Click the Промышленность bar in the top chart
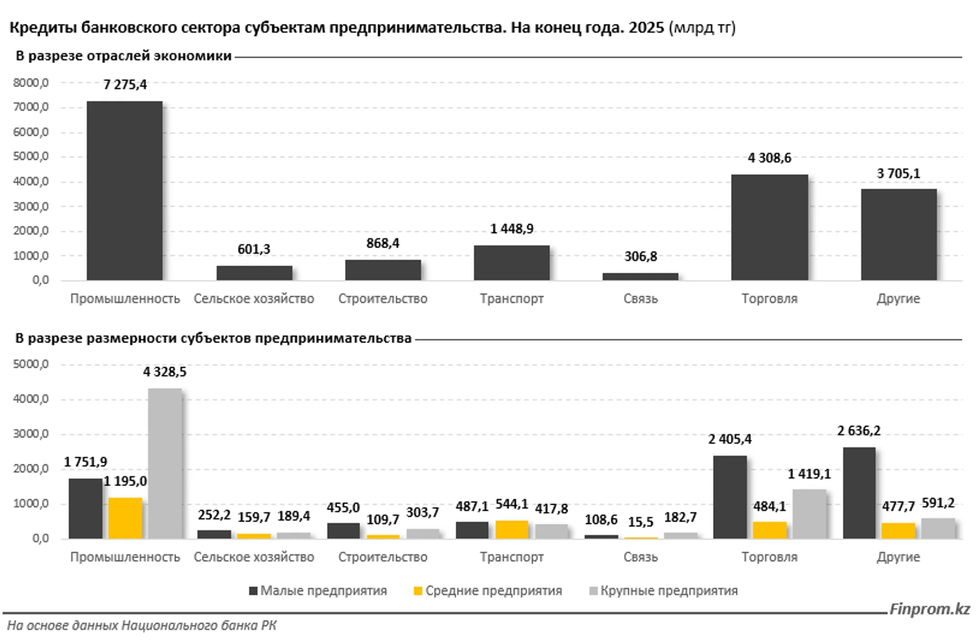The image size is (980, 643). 124,190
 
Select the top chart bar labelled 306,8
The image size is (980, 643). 640,276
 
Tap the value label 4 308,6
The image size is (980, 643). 769,158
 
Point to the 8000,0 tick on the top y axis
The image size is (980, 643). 31,83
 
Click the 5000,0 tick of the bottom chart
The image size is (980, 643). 31,364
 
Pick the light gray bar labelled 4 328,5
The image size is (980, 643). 165,463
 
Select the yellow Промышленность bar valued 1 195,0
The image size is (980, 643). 125,518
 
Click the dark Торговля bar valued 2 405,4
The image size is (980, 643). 730,497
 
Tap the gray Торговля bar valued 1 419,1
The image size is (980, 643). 809,514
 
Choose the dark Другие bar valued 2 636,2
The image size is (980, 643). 859,493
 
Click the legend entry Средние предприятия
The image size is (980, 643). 488,590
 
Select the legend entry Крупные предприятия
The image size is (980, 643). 664,590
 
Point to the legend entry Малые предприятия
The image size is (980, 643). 318,590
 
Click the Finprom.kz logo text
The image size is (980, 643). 929,609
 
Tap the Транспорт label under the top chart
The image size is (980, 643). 511,298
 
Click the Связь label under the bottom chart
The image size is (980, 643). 640,556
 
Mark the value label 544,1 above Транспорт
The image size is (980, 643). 511,504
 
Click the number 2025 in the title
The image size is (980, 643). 646,28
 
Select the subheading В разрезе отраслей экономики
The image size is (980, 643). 123,56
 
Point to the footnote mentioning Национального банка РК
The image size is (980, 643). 142,625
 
